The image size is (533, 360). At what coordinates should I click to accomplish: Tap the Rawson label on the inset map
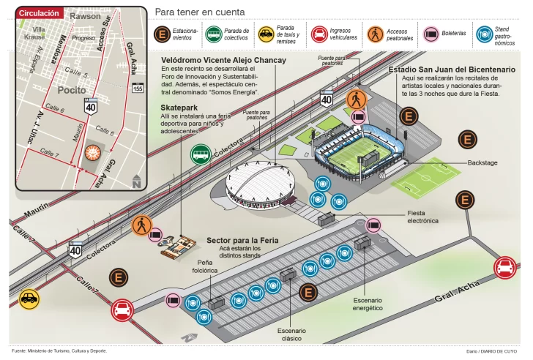point(86,15)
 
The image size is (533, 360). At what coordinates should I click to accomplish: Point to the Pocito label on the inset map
point(71,89)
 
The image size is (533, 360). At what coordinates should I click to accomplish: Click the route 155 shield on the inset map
point(137,89)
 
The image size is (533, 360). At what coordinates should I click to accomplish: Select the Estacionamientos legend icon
point(163,34)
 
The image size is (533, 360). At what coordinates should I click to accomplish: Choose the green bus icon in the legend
point(214,34)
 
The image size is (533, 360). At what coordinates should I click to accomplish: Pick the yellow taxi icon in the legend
point(266,34)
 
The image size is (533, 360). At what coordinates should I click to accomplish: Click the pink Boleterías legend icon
point(430,34)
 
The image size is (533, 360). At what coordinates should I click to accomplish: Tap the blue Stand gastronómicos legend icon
point(483,34)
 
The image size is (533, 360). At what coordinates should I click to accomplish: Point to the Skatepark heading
point(180,108)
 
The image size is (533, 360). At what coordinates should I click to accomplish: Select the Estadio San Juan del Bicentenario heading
point(452,70)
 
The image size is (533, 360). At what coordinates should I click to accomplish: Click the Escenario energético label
point(368,304)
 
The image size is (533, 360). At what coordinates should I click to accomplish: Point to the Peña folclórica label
point(204,266)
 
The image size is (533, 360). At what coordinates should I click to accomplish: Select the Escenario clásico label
point(291,335)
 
